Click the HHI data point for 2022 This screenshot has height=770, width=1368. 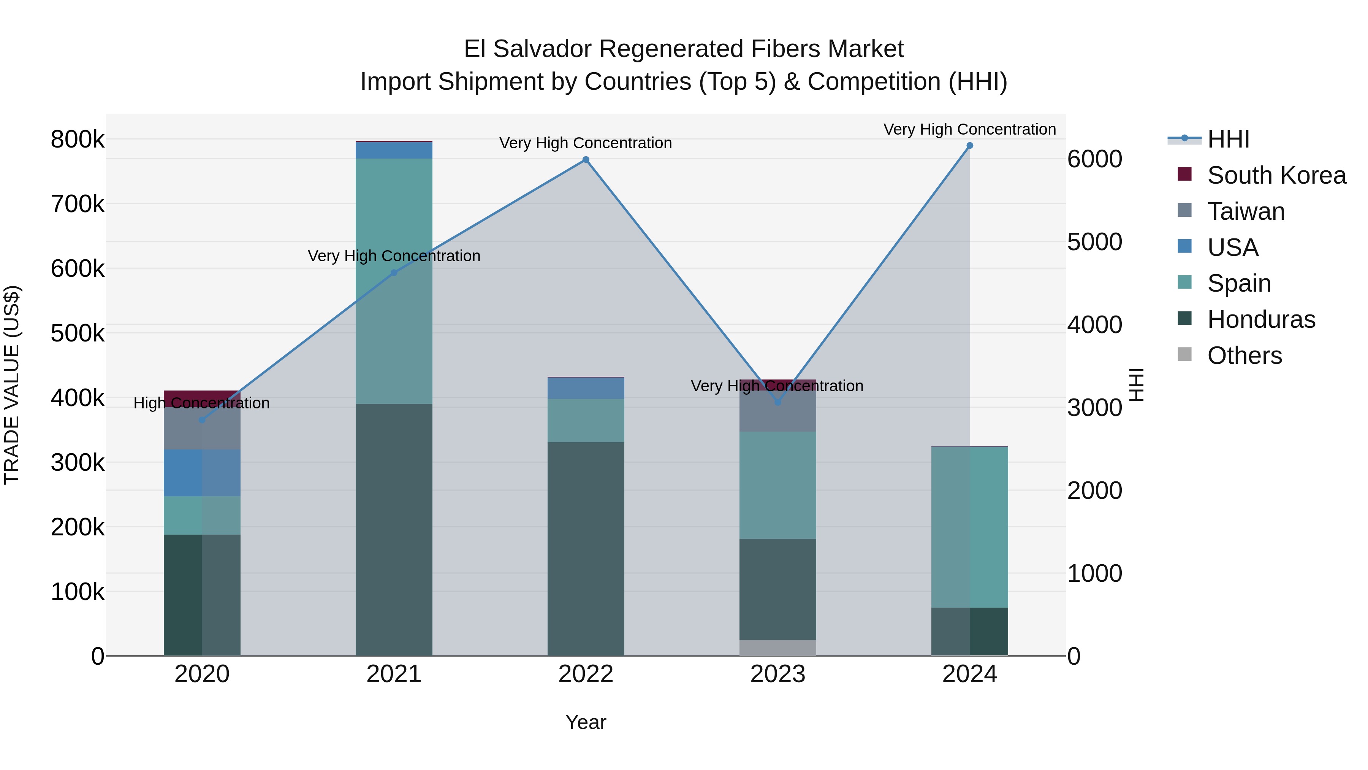(586, 159)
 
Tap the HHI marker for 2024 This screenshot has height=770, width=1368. (970, 146)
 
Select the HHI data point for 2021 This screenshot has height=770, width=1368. (394, 273)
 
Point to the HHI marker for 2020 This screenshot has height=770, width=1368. (202, 420)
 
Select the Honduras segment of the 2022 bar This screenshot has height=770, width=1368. (586, 547)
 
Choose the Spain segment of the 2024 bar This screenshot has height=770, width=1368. (970, 526)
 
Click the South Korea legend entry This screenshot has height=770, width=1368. (1276, 175)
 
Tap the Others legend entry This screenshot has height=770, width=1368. (1244, 356)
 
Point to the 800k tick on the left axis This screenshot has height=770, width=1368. (78, 140)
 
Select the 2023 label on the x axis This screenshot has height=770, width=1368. (777, 674)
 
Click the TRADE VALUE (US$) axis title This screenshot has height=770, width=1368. (12, 385)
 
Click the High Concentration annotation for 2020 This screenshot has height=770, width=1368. (202, 403)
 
